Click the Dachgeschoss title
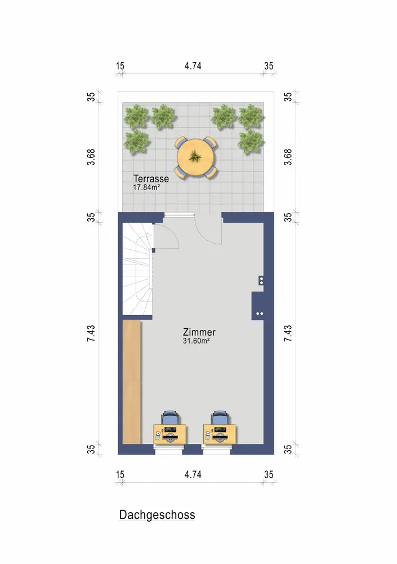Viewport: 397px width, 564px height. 157,515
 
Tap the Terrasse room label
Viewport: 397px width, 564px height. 151,178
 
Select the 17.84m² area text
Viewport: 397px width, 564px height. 146,187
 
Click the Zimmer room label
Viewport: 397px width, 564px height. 199,332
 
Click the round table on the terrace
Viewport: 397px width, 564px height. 196,157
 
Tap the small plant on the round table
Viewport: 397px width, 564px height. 194,156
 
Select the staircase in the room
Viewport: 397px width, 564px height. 137,269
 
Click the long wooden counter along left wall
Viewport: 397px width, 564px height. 132,382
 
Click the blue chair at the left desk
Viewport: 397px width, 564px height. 170,417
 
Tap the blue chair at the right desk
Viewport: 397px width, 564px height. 220,417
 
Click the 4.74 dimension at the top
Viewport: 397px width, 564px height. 193,66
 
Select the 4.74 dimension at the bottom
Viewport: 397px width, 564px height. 193,474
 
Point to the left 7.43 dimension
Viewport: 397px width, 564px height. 91,333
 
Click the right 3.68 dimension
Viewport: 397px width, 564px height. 288,157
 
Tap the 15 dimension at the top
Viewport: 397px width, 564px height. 120,66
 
